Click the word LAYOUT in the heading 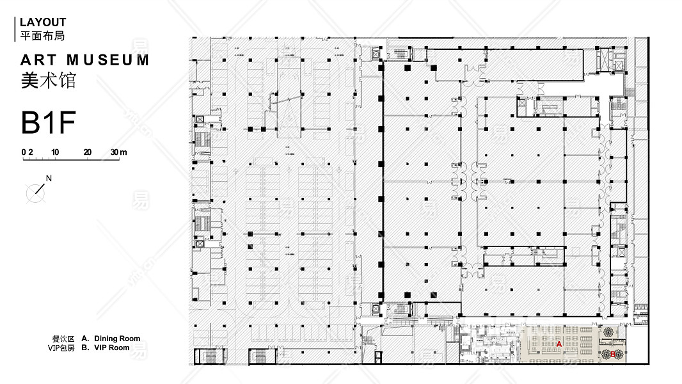[x=43, y=22]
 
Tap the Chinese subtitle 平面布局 [x=43, y=36]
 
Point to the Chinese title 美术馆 [x=48, y=81]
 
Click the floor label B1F [x=49, y=123]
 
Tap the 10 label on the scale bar [x=56, y=152]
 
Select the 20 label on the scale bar [x=87, y=152]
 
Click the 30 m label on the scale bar [x=118, y=152]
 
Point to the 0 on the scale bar [x=24, y=152]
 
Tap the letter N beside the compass [x=49, y=179]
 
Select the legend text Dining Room [x=117, y=339]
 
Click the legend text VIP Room [x=111, y=348]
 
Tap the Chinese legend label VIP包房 [x=61, y=348]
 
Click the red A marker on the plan [x=559, y=344]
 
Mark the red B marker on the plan [x=613, y=354]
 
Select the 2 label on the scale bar [x=30, y=152]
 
